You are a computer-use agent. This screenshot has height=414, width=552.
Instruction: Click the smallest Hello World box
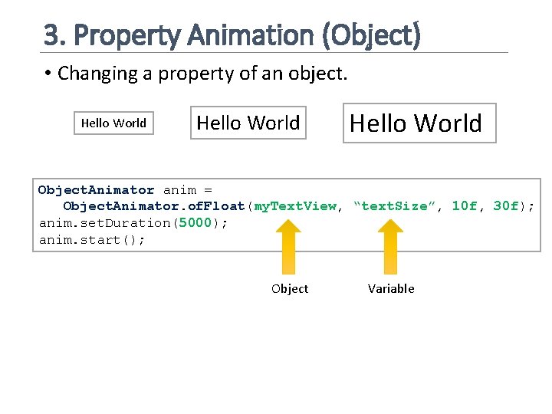tap(113, 123)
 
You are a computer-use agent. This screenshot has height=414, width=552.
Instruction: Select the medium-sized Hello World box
tap(248, 123)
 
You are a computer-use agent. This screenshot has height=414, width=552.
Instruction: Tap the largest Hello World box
tap(419, 123)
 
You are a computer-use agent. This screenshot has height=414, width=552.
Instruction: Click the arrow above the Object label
tap(289, 245)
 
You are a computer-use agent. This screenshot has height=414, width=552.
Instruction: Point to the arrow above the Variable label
tap(391, 245)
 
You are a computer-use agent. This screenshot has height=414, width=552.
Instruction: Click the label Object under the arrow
tap(290, 289)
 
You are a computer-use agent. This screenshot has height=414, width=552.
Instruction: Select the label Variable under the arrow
tap(391, 289)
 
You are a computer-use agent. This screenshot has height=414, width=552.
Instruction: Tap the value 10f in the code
tap(465, 206)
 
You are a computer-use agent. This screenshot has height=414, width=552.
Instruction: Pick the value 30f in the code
tap(506, 206)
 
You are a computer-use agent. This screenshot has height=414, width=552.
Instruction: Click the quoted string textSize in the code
tap(394, 206)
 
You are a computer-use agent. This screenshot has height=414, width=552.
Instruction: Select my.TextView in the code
tap(295, 206)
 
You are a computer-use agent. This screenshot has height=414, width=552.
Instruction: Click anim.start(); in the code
tap(92, 240)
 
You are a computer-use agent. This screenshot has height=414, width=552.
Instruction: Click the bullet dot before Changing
tap(48, 74)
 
